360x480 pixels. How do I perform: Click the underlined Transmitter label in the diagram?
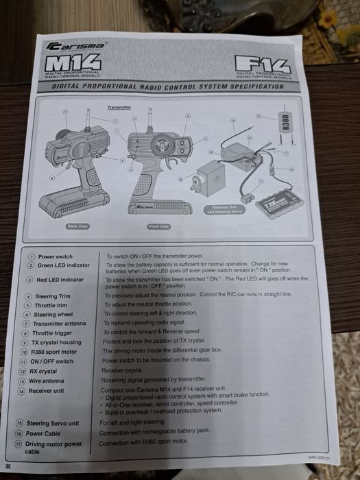[x=119, y=108]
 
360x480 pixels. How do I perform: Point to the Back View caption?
[x=77, y=226]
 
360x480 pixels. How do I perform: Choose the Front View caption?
[x=158, y=226]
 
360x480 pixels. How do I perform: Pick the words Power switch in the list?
[x=55, y=256]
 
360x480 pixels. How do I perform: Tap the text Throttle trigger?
[x=53, y=333]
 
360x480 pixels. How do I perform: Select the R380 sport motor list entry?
[x=54, y=352]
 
